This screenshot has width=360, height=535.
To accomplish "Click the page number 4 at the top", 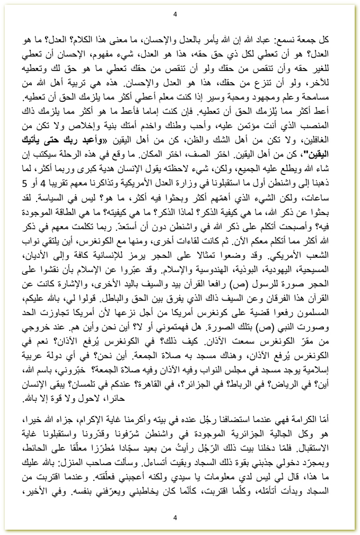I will (175, 14).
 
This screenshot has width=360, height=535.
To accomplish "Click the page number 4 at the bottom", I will (175, 518).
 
